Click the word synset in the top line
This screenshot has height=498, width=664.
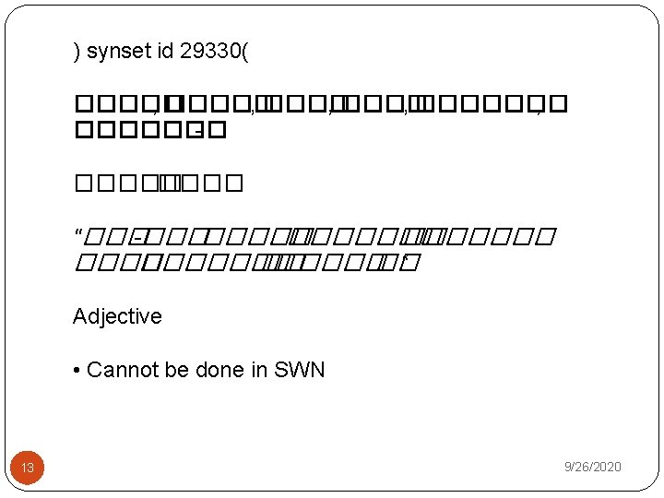[118, 51]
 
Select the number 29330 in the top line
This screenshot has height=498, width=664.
[209, 51]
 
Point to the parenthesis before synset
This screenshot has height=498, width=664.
[77, 52]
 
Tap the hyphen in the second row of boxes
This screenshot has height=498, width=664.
[199, 135]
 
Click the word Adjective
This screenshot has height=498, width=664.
[117, 316]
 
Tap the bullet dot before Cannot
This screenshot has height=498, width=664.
[77, 371]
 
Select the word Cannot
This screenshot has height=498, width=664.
[116, 370]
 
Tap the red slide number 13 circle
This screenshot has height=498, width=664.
[28, 468]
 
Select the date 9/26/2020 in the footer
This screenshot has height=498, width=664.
[593, 468]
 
